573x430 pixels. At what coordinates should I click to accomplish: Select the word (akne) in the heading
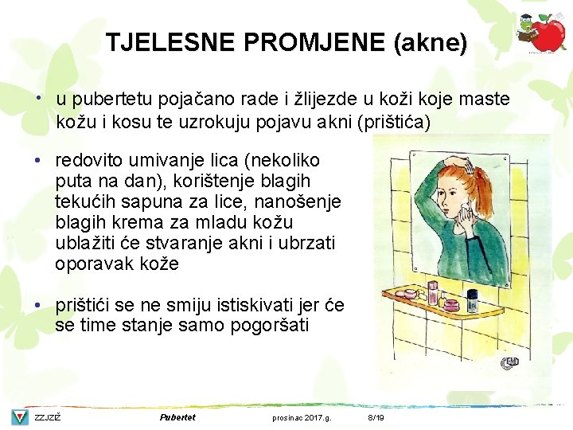coord(430,42)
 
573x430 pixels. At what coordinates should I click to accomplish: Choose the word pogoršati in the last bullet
coord(273,326)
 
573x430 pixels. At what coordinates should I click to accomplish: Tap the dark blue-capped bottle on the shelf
coord(472,300)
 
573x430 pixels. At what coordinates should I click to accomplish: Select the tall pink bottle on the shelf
coord(432,293)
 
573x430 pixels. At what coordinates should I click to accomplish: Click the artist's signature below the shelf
coord(509,365)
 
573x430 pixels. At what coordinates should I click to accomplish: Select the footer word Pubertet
coord(177,417)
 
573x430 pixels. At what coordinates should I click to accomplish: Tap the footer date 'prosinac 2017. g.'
coord(302,418)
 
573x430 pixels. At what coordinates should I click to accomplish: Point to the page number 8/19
coord(376,418)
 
